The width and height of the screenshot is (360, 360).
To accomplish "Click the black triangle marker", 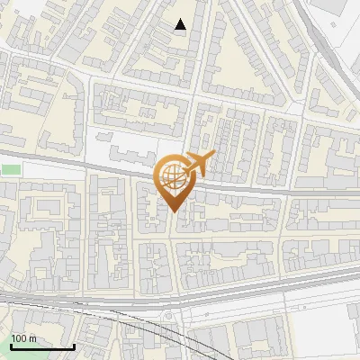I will pyautogui.click(x=181, y=25).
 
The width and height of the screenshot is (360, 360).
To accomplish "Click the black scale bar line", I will pyautogui.click(x=42, y=346).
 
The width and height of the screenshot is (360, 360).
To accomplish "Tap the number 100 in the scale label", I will pyautogui.click(x=19, y=338).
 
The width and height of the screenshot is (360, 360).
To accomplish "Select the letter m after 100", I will pyautogui.click(x=31, y=338).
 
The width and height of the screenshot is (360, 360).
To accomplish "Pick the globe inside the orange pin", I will pyautogui.click(x=174, y=178).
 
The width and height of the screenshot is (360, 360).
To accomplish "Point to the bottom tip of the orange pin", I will pyautogui.click(x=174, y=212).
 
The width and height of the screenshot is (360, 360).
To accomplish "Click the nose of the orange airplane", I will pyautogui.click(x=213, y=157).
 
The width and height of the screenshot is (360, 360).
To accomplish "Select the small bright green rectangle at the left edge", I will pyautogui.click(x=9, y=168).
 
